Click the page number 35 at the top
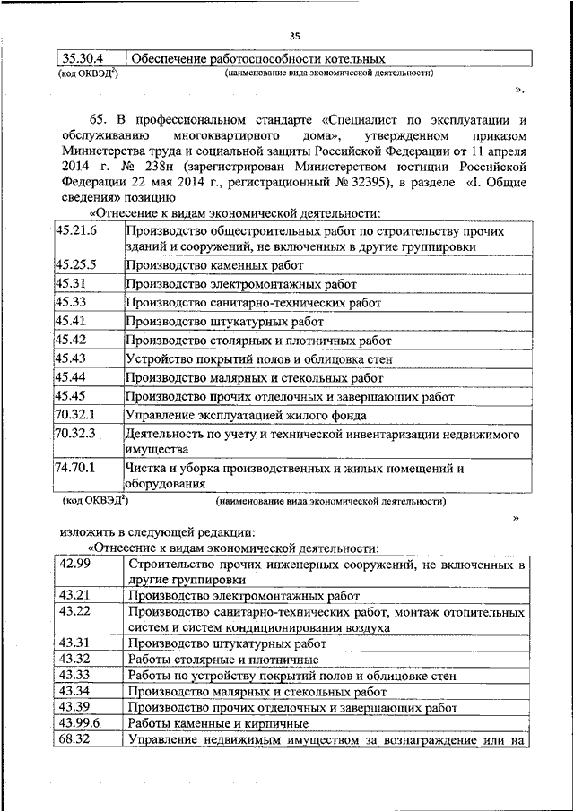point(295,36)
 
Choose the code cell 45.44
point(69,377)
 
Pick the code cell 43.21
point(73,595)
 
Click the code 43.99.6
point(79,722)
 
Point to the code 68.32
point(73,739)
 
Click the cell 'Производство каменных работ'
point(215,266)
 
